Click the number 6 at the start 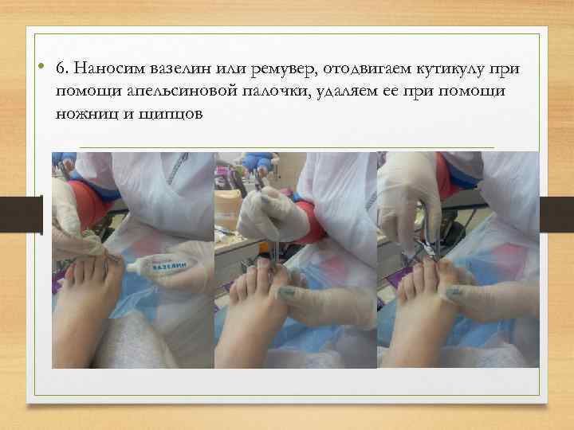click(60, 68)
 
